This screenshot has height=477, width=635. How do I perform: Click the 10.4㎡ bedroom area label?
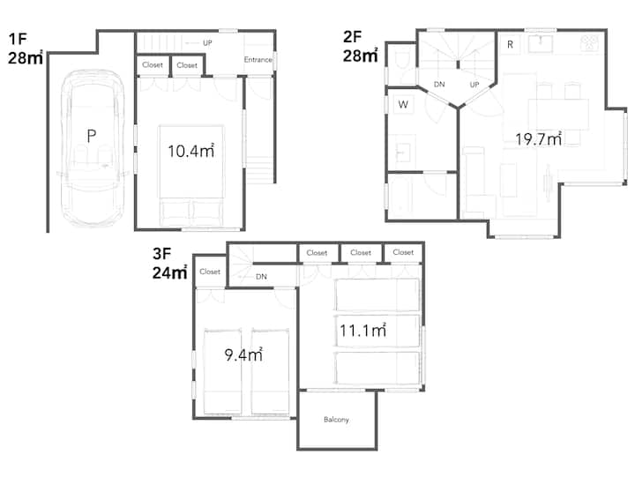(190, 151)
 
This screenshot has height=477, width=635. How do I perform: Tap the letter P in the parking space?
(92, 136)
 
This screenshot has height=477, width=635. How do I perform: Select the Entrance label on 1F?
(258, 60)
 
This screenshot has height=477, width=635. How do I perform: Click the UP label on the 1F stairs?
(207, 43)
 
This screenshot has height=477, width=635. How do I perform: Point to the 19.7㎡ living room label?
(539, 139)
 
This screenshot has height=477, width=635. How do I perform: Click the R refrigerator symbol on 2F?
(511, 45)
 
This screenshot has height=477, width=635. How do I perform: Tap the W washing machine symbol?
(403, 104)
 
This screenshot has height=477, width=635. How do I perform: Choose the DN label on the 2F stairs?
(439, 85)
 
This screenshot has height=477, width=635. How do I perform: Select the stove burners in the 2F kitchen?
(589, 42)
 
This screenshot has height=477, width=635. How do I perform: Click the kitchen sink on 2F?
(541, 44)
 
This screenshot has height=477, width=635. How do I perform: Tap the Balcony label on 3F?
(336, 420)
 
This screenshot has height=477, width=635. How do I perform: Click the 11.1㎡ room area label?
(362, 331)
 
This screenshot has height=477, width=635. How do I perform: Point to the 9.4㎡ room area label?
(243, 354)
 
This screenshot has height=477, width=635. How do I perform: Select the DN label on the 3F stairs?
(261, 277)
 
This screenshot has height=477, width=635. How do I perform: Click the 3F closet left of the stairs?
(210, 272)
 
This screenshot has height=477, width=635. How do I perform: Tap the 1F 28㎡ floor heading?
(25, 48)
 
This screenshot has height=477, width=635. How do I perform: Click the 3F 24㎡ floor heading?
(169, 264)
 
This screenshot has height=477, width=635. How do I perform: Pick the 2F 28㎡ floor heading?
(361, 46)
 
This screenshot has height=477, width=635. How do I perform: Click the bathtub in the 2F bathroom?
(401, 197)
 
